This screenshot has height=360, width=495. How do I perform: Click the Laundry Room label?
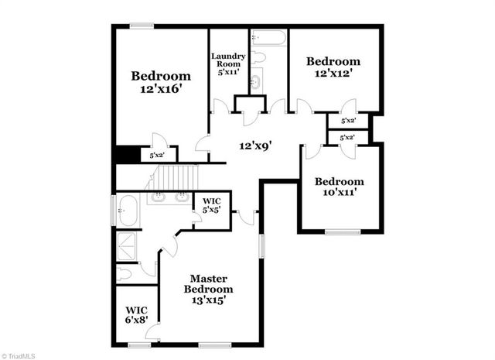(229, 63)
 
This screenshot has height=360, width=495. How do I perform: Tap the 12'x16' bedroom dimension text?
(160, 91)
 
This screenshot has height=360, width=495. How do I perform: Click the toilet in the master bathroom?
(126, 273)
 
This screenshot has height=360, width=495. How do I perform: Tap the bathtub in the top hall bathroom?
(268, 37)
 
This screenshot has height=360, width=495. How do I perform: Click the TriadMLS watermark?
(20, 354)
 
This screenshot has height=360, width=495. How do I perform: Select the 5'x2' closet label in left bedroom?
(156, 155)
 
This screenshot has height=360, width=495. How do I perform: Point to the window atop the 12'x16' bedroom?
(141, 26)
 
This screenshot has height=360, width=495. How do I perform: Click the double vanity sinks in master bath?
(169, 197)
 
